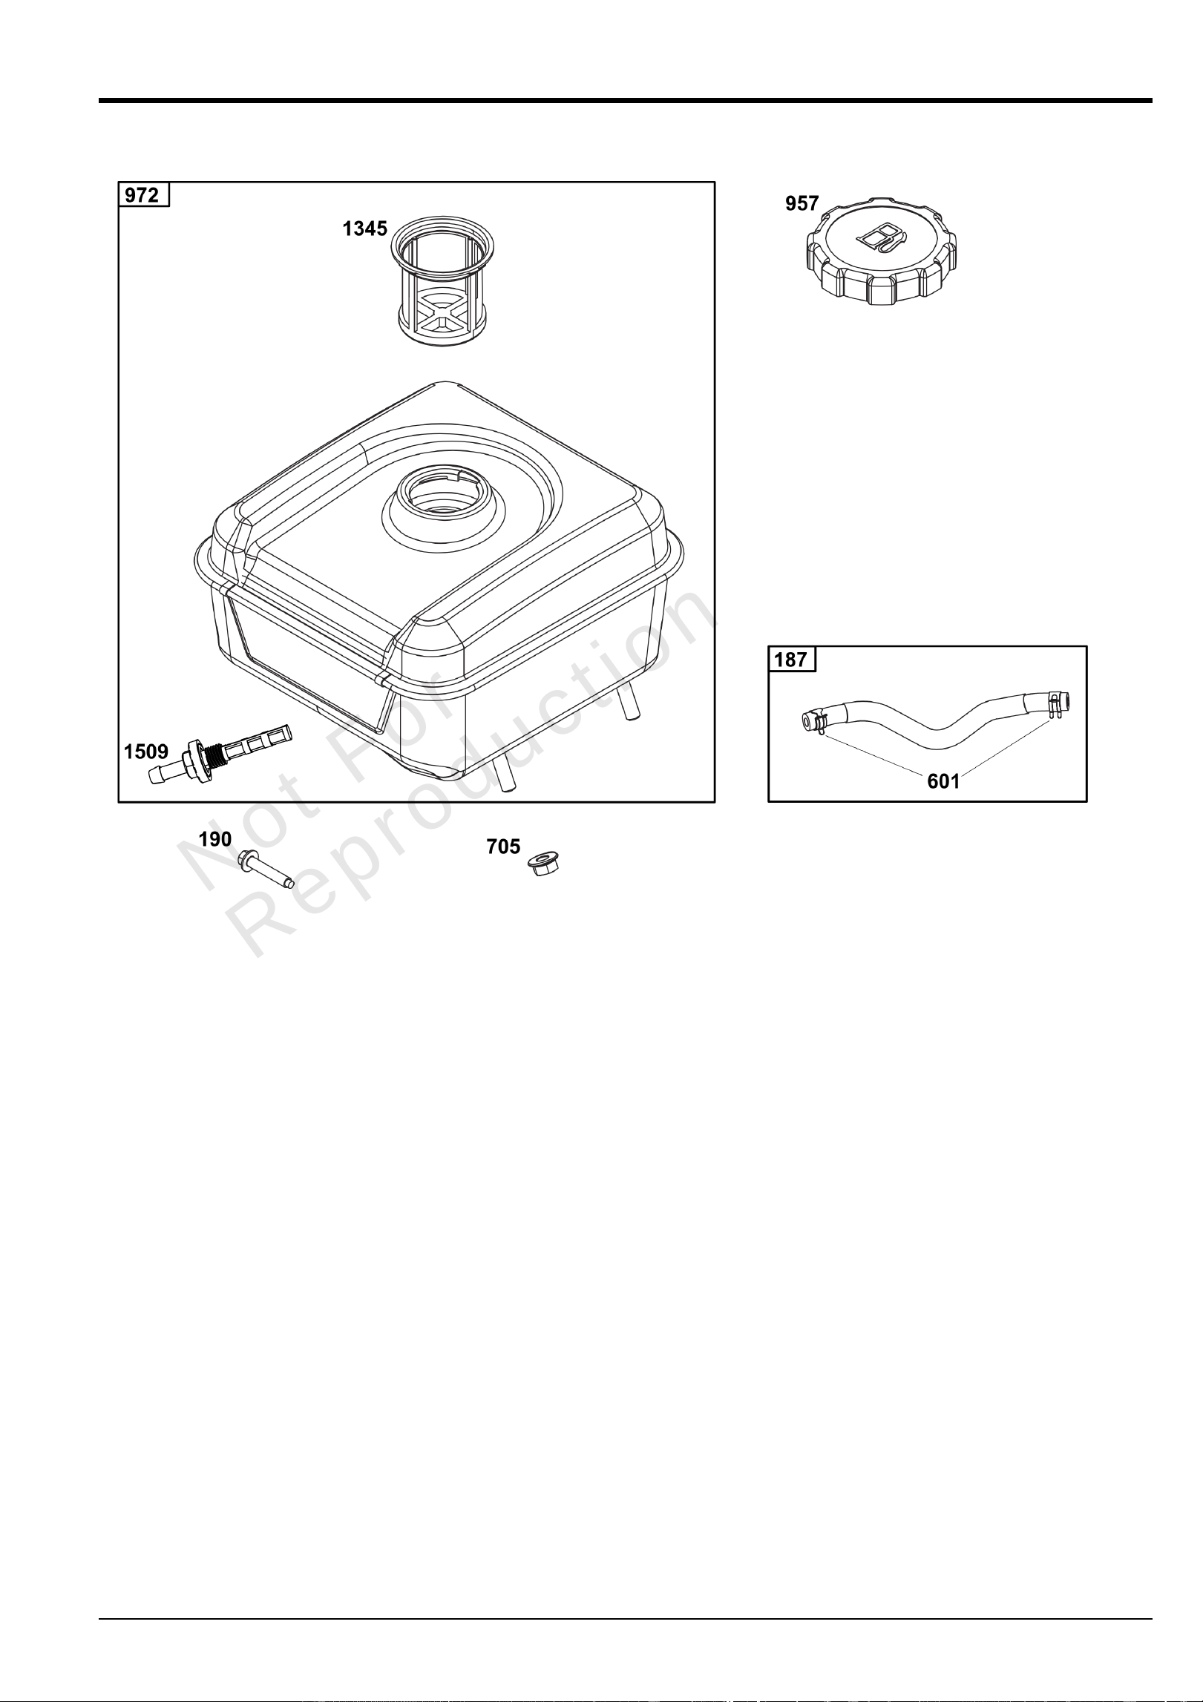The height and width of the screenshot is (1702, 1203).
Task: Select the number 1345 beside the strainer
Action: pos(364,229)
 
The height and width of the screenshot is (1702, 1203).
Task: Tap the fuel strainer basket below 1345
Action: pos(443,279)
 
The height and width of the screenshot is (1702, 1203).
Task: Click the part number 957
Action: pos(802,203)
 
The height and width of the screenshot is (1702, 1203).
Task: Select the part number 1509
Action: pos(145,751)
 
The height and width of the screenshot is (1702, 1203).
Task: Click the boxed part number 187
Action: pos(791,659)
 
